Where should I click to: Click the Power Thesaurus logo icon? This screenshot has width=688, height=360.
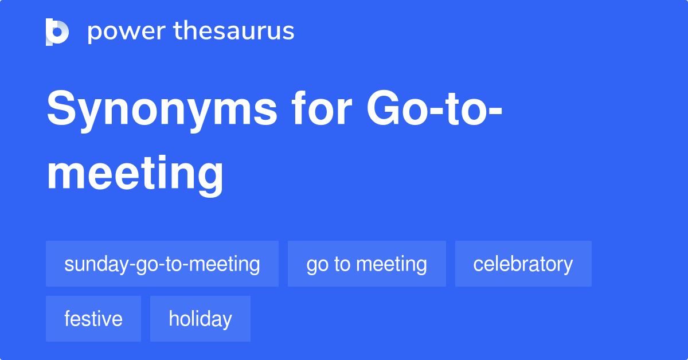point(57,32)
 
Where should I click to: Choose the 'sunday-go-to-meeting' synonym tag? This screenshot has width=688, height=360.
point(162,264)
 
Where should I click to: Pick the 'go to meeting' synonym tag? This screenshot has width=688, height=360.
point(366,264)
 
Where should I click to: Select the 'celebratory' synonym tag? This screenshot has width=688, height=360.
point(523,264)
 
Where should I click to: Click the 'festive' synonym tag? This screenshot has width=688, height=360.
point(93,319)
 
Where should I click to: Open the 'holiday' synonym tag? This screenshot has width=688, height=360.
point(200,319)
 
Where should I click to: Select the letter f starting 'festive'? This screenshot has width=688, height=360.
point(67,318)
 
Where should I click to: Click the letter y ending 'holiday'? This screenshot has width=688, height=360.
point(228,320)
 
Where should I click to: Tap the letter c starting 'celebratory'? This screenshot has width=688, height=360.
point(478,264)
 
